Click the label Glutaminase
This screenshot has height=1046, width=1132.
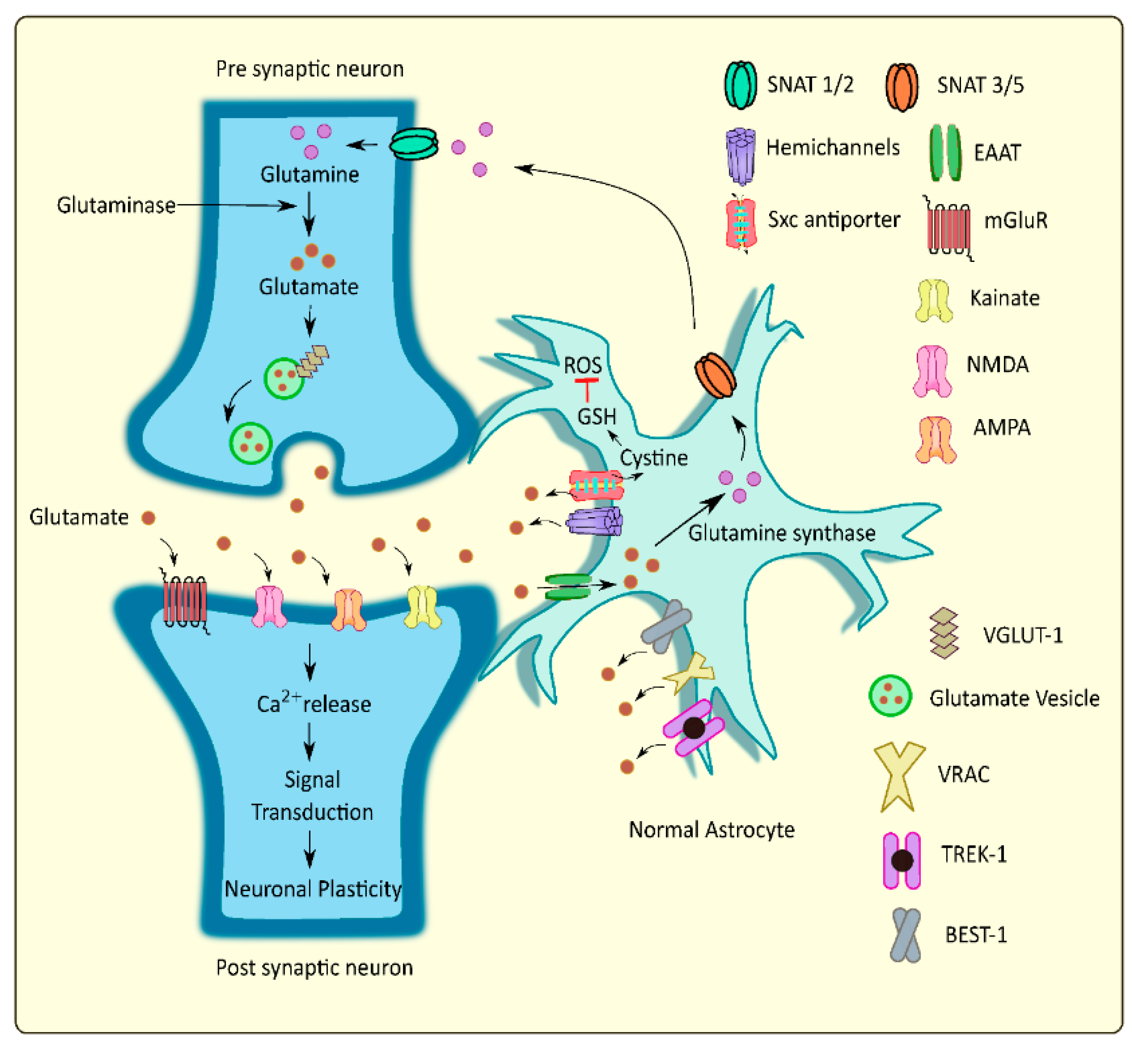click(x=116, y=205)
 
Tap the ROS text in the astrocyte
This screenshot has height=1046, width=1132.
click(x=583, y=365)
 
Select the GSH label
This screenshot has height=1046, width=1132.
click(x=597, y=417)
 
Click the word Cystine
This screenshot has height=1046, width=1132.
click(x=654, y=457)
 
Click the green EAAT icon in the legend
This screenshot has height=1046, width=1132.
click(x=945, y=153)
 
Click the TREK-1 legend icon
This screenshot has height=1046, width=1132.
click(x=902, y=860)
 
